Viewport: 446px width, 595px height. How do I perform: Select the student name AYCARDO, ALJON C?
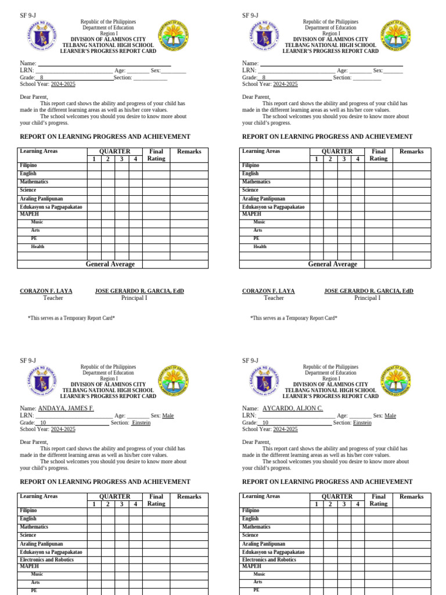point(293,408)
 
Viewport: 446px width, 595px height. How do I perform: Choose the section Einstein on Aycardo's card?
point(362,422)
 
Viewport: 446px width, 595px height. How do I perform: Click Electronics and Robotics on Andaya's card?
point(47,560)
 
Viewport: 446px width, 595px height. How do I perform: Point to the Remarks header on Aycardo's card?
point(411,497)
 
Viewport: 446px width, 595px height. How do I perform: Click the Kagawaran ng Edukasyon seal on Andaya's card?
point(38,381)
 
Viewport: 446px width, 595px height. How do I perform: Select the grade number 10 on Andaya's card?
point(42,422)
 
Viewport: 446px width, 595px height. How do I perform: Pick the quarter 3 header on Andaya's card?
point(121,504)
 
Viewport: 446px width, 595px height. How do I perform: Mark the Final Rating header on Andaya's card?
point(156,500)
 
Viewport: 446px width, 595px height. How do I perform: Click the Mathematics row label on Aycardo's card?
point(256,526)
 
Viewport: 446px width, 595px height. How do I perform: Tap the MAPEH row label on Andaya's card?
point(29,566)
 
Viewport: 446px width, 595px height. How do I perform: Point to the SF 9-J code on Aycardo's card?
point(250,361)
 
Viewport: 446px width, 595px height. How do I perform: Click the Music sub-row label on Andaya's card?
point(37,574)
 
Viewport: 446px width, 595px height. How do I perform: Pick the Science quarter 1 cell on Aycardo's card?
point(316,535)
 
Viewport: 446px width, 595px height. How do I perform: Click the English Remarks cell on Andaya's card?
point(189,518)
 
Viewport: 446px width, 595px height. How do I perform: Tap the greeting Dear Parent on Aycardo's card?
point(256,442)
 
